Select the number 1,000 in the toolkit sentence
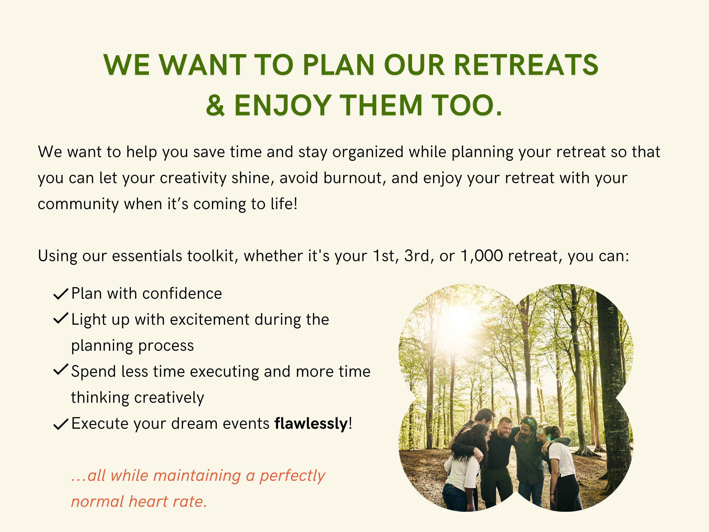(x=481, y=256)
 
